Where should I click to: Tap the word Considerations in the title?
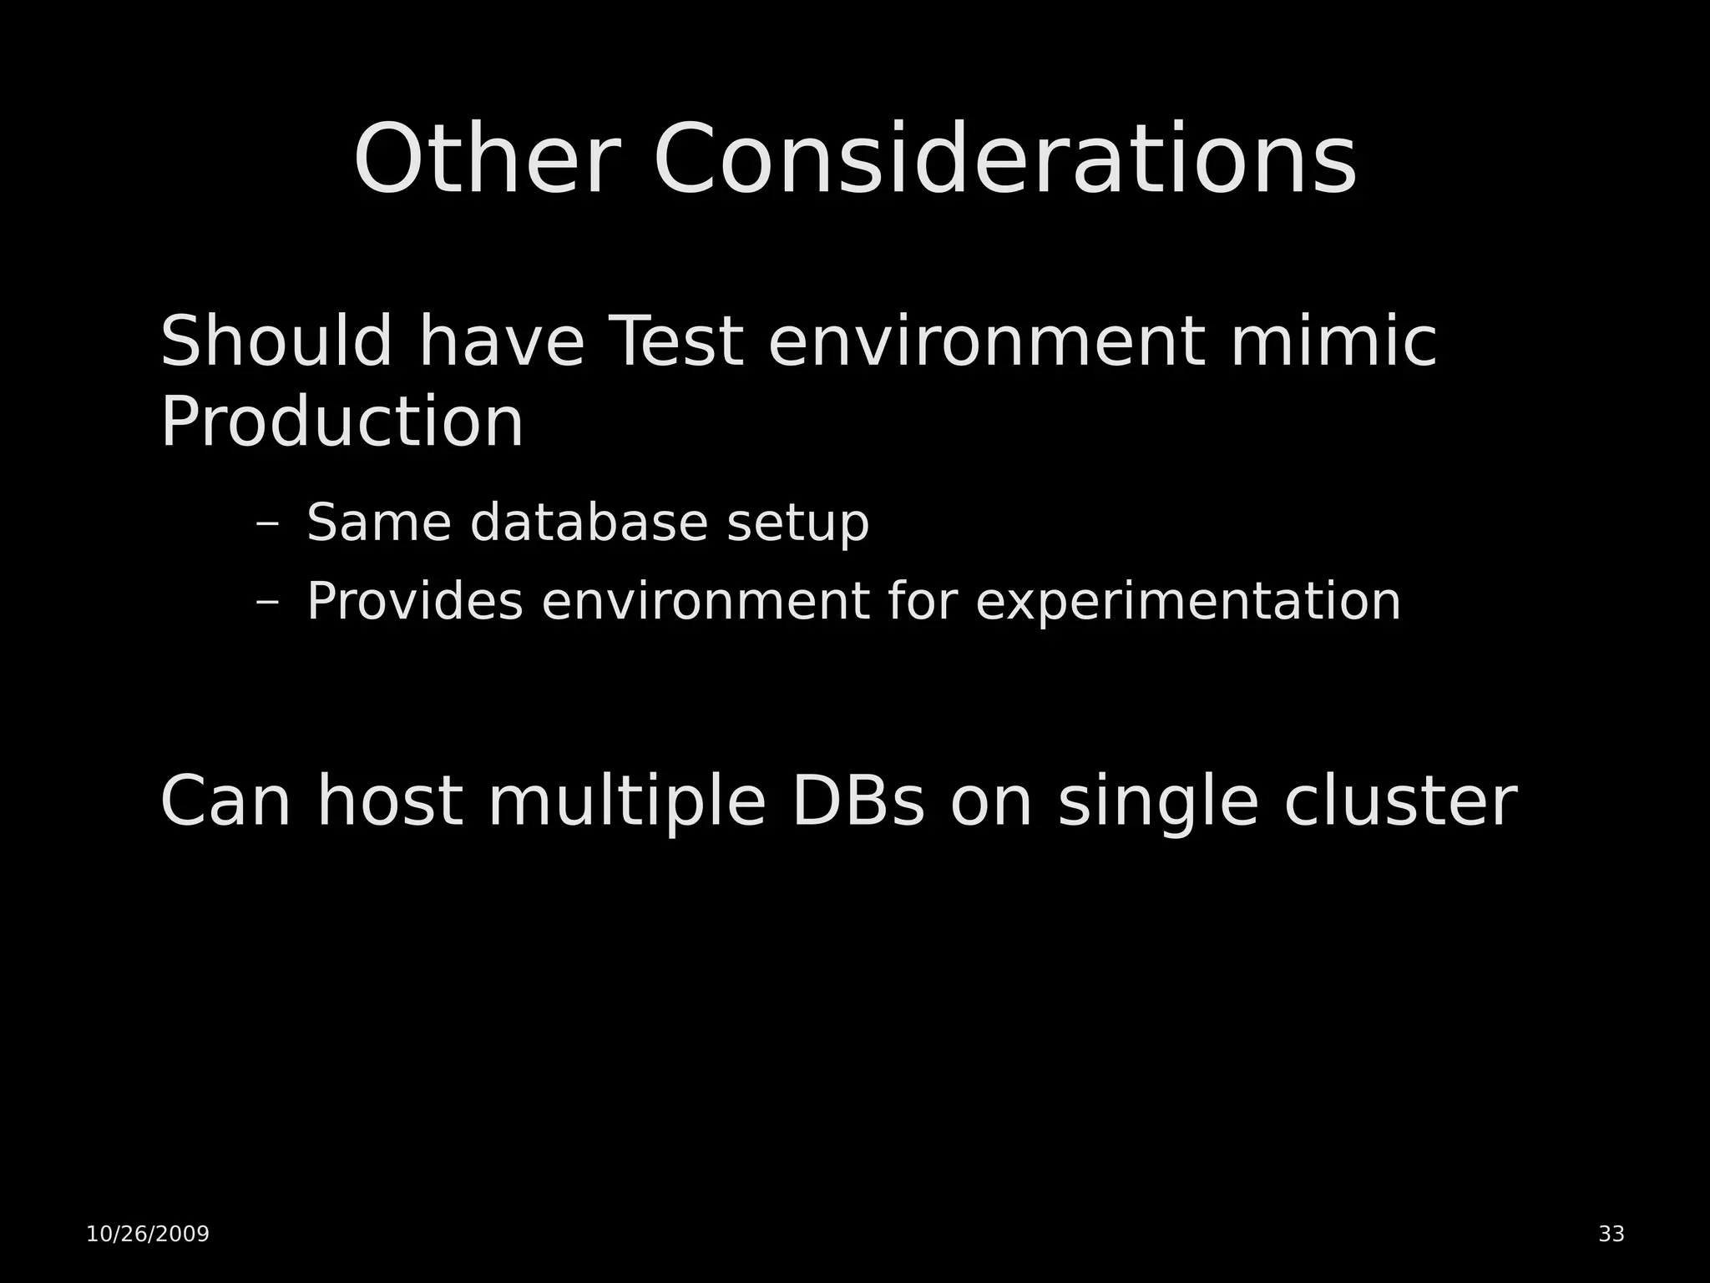pyautogui.click(x=1004, y=159)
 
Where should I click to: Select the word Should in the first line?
pyautogui.click(x=276, y=341)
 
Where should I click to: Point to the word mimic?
pyautogui.click(x=1333, y=341)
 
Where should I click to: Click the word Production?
pyautogui.click(x=341, y=422)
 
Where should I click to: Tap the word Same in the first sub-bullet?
pyautogui.click(x=379, y=523)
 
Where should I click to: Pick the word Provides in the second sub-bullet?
pyautogui.click(x=415, y=601)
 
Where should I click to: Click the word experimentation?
pyautogui.click(x=1187, y=603)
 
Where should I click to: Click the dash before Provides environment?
pyautogui.click(x=267, y=602)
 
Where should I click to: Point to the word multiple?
pyautogui.click(x=626, y=803)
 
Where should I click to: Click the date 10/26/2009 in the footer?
pyautogui.click(x=148, y=1234)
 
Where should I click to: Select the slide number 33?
pyautogui.click(x=1611, y=1234)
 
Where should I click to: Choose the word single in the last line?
pyautogui.click(x=1157, y=803)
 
